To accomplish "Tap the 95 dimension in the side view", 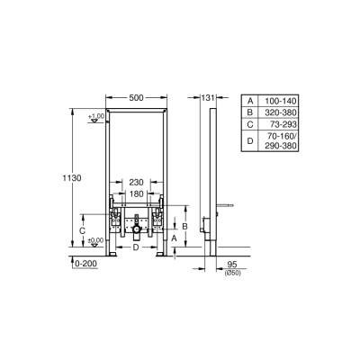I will [x=232, y=264].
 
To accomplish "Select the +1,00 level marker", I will [x=96, y=117].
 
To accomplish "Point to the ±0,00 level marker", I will [x=96, y=241].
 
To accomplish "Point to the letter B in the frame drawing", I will [x=184, y=226].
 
